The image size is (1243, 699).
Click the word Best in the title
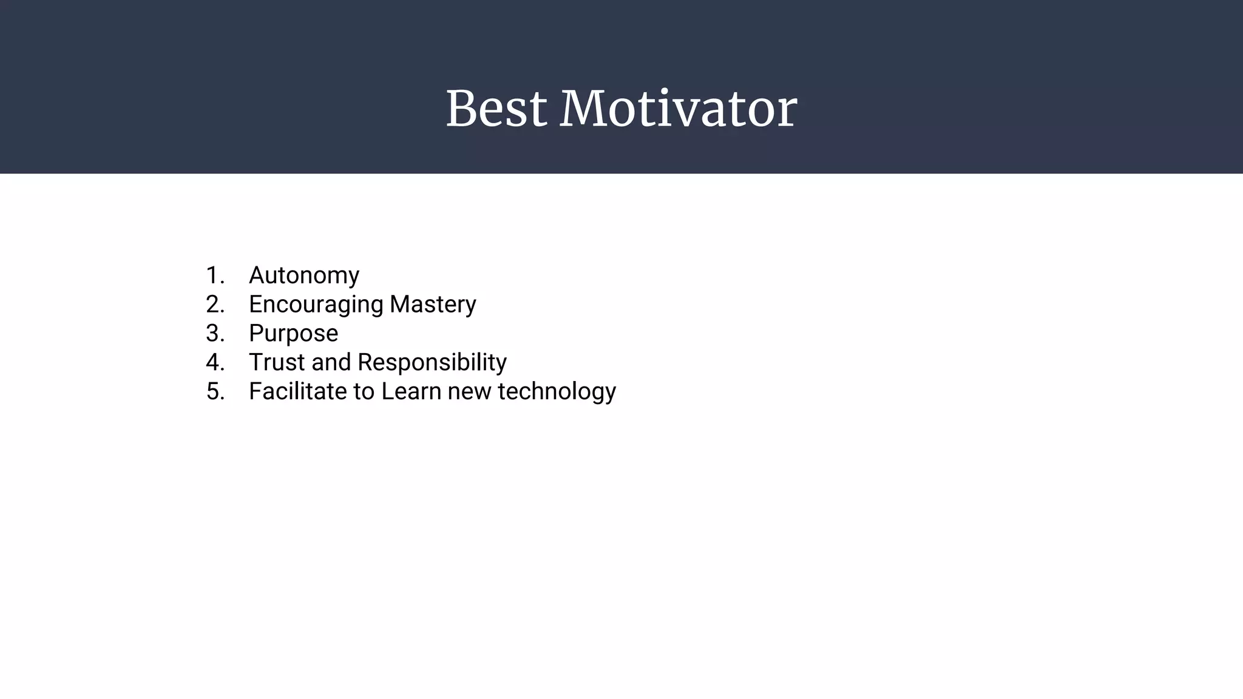pos(496,109)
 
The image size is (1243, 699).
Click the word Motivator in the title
pos(678,109)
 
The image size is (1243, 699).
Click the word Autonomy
pos(304,275)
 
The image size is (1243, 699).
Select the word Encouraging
pos(316,304)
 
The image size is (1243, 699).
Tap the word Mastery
pos(433,304)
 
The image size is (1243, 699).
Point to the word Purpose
pos(293,333)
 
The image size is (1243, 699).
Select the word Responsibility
pos(432,362)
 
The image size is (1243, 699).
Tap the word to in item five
pos(364,391)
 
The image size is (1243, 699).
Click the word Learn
pos(411,391)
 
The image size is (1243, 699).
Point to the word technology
pos(557,391)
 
